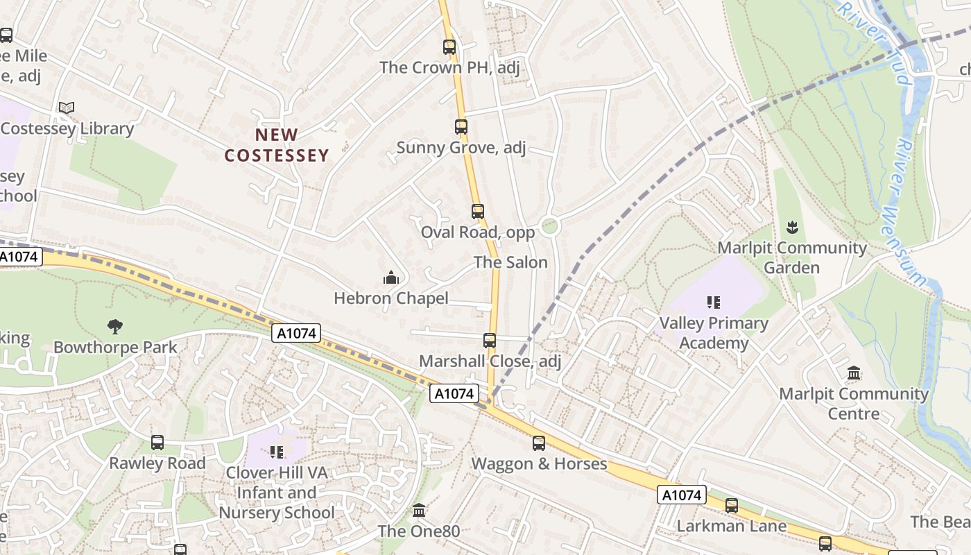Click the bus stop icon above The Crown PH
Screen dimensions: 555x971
coord(449,47)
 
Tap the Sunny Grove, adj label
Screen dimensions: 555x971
coord(461,147)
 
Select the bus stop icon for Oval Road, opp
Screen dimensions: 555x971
coord(477,212)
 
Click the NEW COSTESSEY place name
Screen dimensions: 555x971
coord(276,145)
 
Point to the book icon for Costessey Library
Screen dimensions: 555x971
coord(67,108)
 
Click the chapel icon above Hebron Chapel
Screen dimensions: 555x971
coord(391,278)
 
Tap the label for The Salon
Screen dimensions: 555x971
coord(510,262)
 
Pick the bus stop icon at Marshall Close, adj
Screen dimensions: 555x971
coord(490,341)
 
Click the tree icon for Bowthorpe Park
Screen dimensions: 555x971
coord(115,326)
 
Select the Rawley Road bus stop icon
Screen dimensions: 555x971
coord(157,443)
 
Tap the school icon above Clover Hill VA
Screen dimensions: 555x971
coord(277,452)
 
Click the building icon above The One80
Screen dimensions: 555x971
coord(419,511)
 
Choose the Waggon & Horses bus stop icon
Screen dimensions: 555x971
coord(539,443)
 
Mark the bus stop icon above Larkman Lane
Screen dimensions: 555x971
coord(732,506)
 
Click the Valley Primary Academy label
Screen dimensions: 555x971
coord(713,333)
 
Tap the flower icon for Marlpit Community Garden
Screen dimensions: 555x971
coord(791,227)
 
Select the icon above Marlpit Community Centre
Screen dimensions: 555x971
coord(854,373)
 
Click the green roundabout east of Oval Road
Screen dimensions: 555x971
coord(549,225)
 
